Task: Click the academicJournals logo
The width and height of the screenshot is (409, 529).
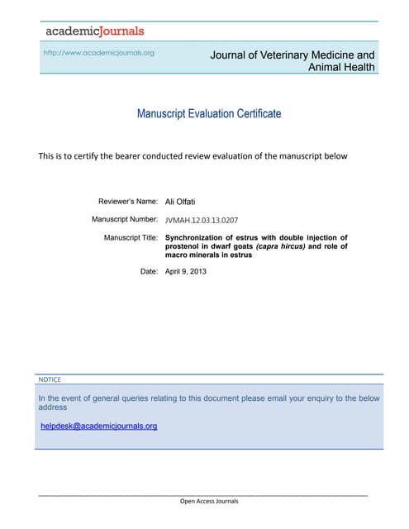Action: coord(94,31)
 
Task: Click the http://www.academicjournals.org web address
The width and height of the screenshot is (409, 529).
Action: coord(98,53)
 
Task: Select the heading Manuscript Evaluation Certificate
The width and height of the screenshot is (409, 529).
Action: coord(209,113)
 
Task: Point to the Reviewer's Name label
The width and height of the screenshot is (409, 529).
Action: coord(128,201)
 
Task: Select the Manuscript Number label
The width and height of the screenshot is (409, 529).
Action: coord(125,219)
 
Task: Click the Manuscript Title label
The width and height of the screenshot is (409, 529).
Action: coord(131,237)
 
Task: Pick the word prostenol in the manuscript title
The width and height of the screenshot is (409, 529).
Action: coord(185,246)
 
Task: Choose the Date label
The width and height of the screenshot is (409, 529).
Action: coord(149,271)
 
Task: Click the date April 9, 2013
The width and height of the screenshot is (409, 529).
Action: coord(186,271)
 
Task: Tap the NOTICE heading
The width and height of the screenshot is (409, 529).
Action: coord(50,379)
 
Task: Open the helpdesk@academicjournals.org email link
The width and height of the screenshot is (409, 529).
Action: coord(99,426)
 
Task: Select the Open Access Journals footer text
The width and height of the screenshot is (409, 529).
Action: coord(209,501)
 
